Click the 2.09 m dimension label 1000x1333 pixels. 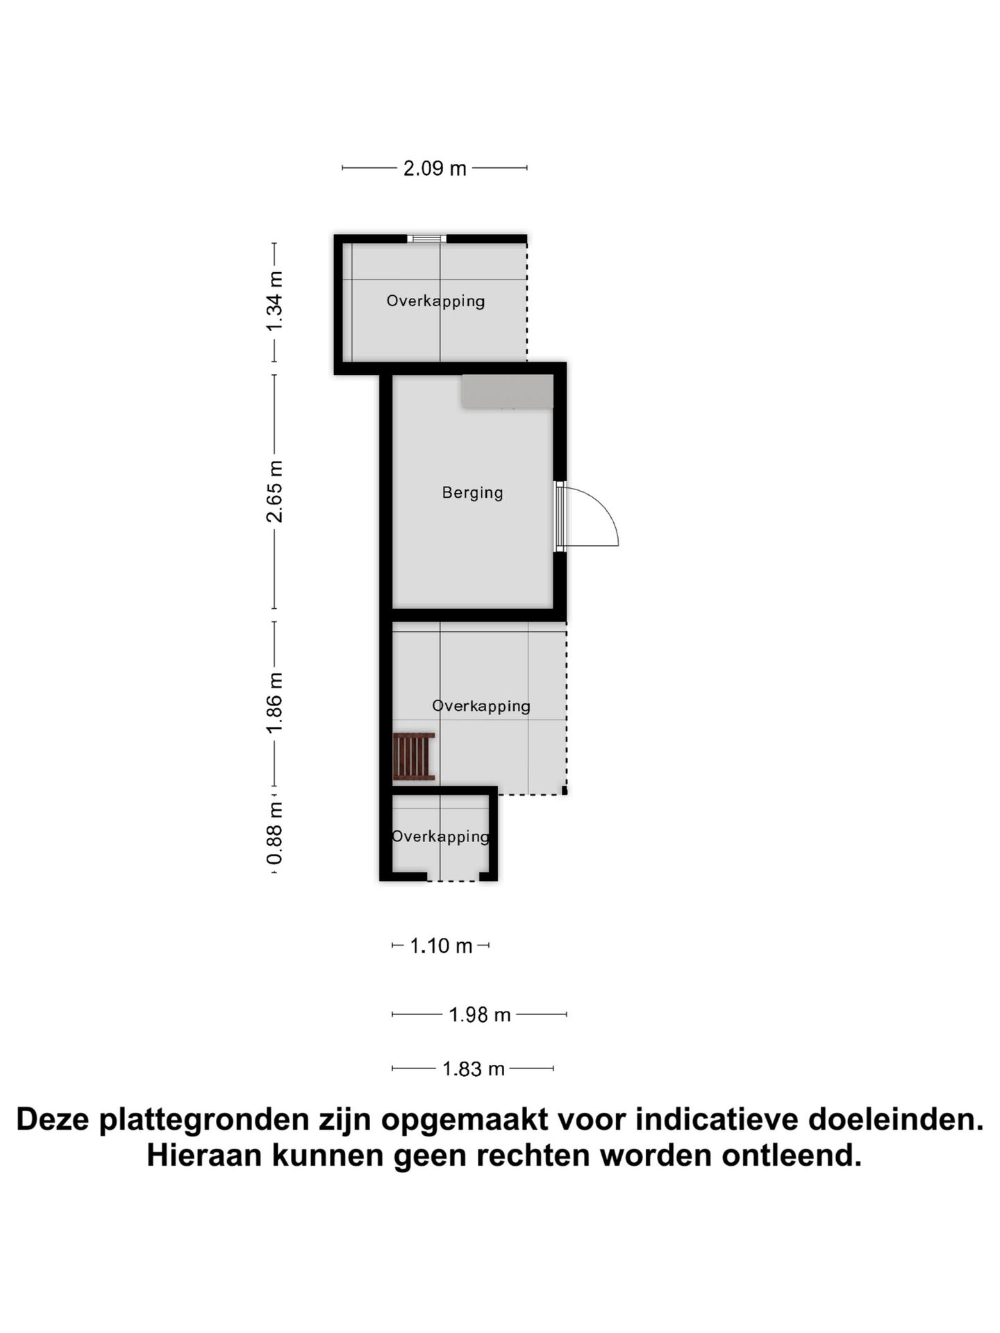435,168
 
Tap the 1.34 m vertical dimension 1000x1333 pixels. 275,301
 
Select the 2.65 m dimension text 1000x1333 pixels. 275,491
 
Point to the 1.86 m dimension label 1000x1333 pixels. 275,702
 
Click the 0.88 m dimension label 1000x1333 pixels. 275,833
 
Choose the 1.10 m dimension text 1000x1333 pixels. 441,946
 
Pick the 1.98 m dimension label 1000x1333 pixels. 479,1015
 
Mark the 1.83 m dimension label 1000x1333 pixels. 473,1068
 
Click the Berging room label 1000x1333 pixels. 472,493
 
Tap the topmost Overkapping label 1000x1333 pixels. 435,301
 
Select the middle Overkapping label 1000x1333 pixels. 481,706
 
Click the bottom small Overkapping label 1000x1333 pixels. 440,837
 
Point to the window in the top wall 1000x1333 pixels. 426,239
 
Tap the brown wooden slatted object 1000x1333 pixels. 414,757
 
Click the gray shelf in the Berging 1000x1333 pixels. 508,392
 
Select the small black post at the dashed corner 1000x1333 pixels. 565,790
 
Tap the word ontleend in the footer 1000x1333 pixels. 791,1156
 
